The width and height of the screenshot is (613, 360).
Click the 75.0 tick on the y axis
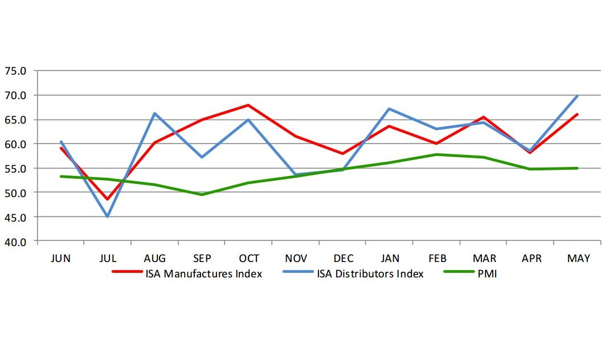coord(15,71)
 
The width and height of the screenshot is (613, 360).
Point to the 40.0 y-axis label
coord(15,241)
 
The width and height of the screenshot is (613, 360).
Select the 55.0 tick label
coord(15,169)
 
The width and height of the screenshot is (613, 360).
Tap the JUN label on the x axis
coord(60,259)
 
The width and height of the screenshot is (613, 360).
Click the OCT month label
coord(249,259)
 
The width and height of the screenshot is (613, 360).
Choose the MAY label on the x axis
coord(578,259)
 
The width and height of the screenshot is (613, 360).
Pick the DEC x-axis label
coord(343,259)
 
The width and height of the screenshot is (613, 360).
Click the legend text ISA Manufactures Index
coord(203,274)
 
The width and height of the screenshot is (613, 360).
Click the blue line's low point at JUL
coord(107,216)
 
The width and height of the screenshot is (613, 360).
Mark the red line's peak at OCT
coord(249,105)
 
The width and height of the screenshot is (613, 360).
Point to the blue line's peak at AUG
coord(154,113)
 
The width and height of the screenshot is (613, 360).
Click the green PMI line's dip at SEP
coord(202,194)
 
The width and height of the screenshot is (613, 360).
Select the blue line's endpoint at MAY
coord(578,96)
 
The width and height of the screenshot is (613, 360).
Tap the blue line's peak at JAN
coord(390,108)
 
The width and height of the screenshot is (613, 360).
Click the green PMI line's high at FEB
coord(436,154)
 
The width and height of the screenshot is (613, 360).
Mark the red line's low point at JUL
coord(107,199)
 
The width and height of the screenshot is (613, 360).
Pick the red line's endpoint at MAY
coord(578,114)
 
